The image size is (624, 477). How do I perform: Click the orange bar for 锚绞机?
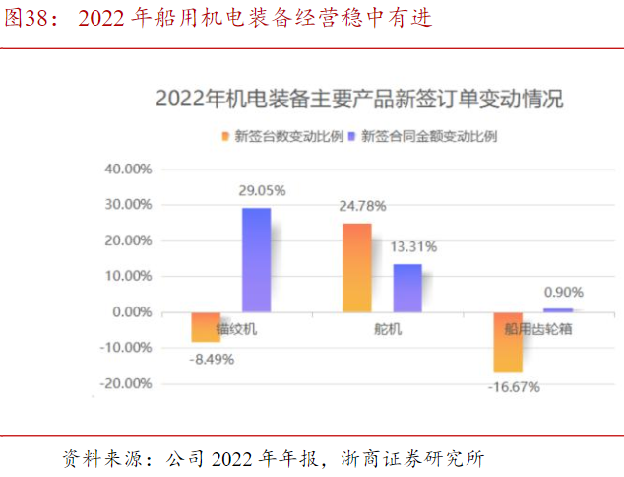[206, 327]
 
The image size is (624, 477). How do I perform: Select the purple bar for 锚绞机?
[256, 260]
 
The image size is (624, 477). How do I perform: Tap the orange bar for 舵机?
[357, 268]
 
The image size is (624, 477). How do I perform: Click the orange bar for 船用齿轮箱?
[508, 342]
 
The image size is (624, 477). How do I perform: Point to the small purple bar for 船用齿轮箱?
[558, 310]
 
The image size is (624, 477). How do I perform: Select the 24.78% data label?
[362, 206]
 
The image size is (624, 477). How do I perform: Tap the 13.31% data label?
[413, 246]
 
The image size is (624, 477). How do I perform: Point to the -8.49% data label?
[212, 359]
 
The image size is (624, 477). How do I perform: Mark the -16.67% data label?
[514, 386]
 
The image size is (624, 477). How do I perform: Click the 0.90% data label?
[564, 292]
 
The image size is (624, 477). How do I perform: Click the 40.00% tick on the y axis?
[127, 169]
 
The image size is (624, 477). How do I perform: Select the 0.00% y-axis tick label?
[130, 311]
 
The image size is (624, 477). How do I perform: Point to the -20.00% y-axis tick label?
[124, 383]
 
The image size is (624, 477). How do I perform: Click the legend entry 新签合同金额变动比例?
[429, 137]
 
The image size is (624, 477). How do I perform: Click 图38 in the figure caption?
[24, 19]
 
